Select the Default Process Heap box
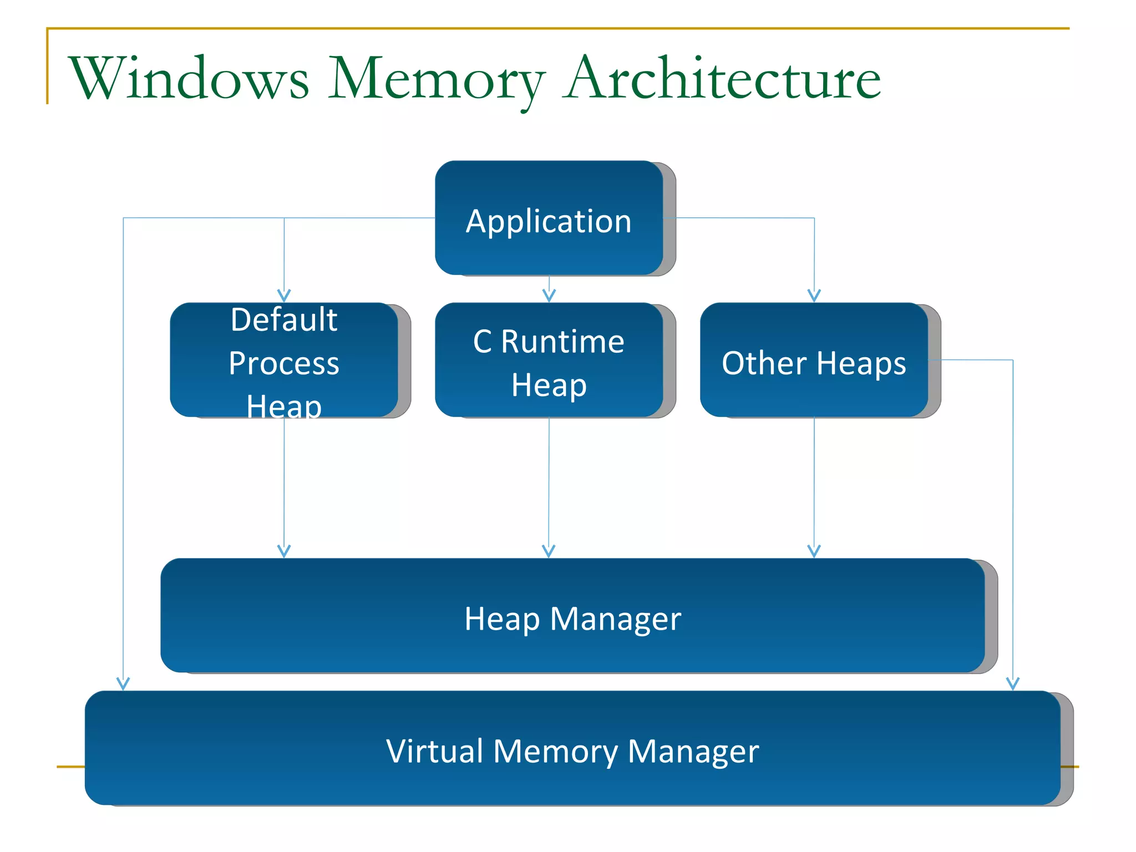coord(284,361)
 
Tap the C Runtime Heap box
coord(549,361)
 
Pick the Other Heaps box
coord(814,361)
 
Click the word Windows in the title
coord(189,79)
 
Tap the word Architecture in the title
coord(721,79)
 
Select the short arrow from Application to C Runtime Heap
coord(549,290)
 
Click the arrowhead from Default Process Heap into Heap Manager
coord(284,551)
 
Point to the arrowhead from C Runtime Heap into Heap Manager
coord(549,551)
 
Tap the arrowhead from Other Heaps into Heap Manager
coord(814,551)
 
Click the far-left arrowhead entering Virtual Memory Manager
coord(123,684)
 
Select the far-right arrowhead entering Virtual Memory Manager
coord(1013,684)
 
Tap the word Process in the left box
coord(284,363)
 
